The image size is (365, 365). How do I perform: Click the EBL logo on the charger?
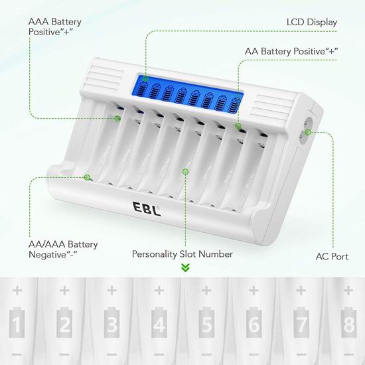pyautogui.click(x=147, y=208)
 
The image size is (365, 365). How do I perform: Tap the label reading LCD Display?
pyautogui.click(x=312, y=23)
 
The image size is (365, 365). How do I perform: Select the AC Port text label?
pyautogui.click(x=332, y=257)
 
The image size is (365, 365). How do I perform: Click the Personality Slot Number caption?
pyautogui.click(x=183, y=254)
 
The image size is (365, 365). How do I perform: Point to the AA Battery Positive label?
pyautogui.click(x=291, y=51)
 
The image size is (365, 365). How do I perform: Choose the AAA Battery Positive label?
pyautogui.click(x=54, y=27)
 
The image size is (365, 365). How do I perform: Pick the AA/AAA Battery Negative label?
pyautogui.click(x=63, y=250)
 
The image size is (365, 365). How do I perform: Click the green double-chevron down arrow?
pyautogui.click(x=185, y=267)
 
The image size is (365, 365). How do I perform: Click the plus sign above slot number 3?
pyautogui.click(x=111, y=290)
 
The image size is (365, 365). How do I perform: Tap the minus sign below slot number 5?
pyautogui.click(x=206, y=354)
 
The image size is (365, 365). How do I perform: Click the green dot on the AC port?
pyautogui.click(x=308, y=132)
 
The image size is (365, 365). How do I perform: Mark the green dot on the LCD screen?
pyautogui.click(x=145, y=79)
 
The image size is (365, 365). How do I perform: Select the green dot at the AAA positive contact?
pyautogui.click(x=117, y=118)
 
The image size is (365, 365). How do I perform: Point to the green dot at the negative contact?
pyautogui.click(x=88, y=177)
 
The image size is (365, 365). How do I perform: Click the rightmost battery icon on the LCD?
pyautogui.click(x=234, y=105)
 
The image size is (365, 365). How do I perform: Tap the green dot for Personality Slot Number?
pyautogui.click(x=185, y=172)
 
